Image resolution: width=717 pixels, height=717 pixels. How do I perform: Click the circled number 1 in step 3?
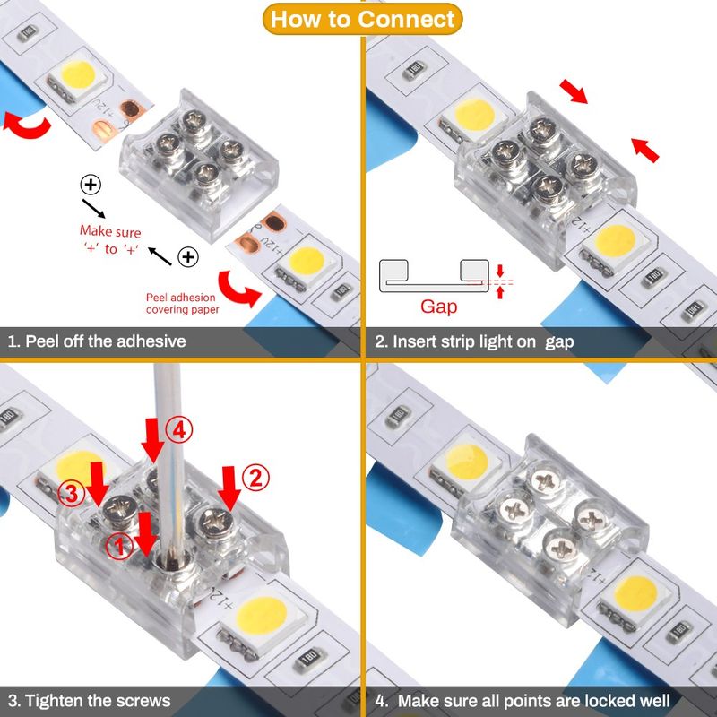tap(116, 543)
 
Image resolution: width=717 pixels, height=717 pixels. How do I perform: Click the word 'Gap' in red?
tap(439, 307)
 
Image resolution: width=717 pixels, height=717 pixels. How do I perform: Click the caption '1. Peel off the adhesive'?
tap(97, 341)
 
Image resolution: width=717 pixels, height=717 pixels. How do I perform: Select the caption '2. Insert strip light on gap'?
tap(474, 341)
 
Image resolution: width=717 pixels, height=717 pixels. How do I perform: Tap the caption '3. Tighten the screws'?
tap(89, 700)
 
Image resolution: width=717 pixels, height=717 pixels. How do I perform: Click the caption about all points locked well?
tap(533, 700)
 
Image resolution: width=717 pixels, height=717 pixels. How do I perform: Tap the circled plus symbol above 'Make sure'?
tap(91, 186)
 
